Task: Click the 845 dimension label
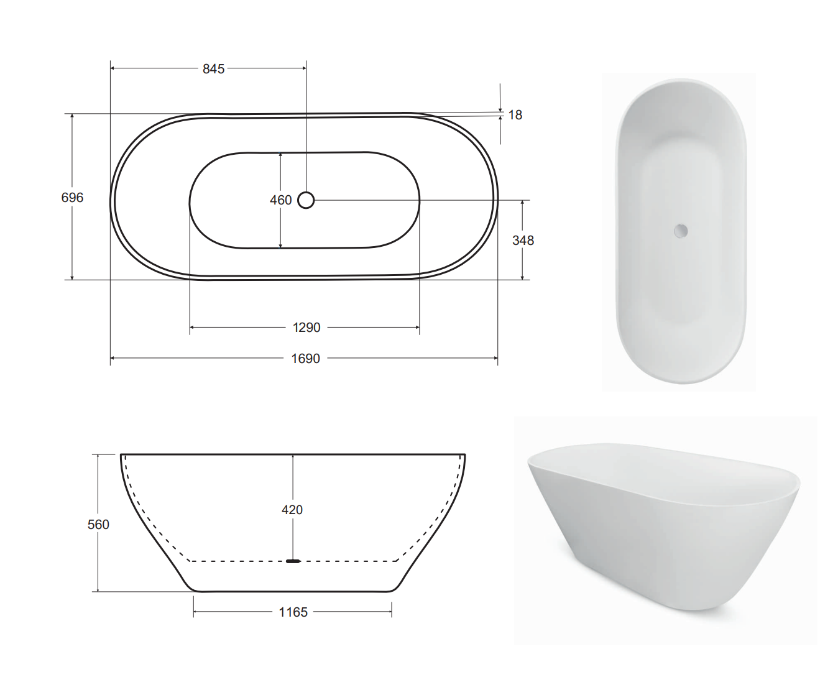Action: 213,69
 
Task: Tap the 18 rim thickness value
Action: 515,115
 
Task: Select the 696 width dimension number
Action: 72,198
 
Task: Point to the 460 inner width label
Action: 280,200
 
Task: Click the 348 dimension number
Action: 523,241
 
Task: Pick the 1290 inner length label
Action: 306,328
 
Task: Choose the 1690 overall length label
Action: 305,359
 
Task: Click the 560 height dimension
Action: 98,525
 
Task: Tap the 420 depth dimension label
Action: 292,510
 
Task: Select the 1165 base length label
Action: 293,612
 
